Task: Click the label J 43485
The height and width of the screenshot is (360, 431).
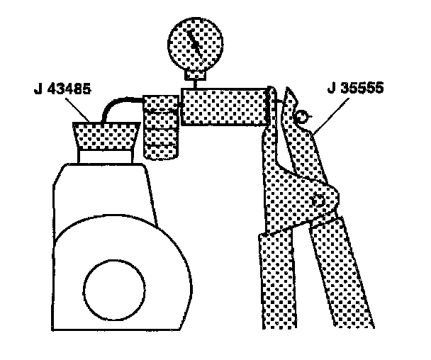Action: [62, 90]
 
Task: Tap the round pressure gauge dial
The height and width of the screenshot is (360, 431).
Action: [192, 38]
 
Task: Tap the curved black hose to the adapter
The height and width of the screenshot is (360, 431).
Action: [121, 106]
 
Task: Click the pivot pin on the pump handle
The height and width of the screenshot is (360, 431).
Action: [320, 200]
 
